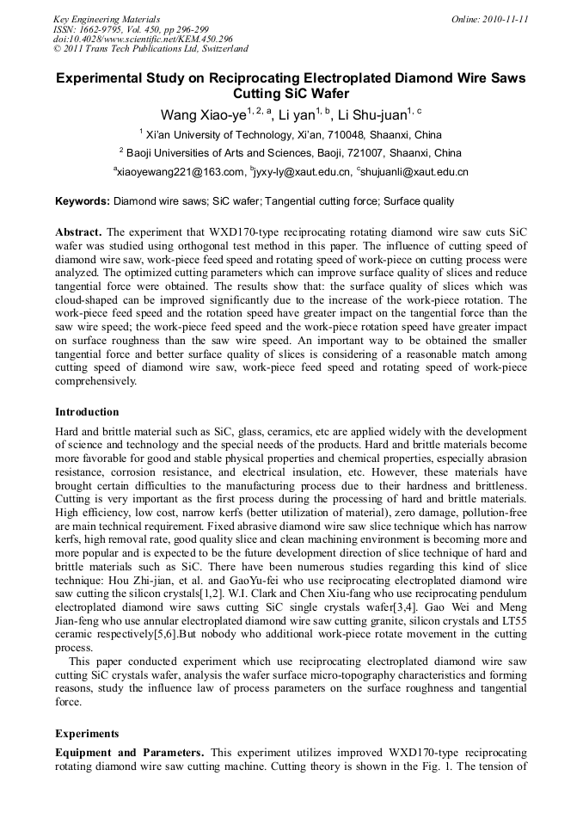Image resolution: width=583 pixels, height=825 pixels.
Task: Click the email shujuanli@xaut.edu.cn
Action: pos(415,172)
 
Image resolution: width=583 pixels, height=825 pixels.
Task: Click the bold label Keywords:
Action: pos(83,202)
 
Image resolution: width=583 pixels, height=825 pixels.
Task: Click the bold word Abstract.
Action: pos(78,233)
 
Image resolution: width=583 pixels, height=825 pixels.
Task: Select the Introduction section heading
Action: pos(87,412)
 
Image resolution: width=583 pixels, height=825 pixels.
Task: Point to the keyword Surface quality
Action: pos(419,202)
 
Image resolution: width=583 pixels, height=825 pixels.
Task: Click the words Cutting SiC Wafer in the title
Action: pos(291,93)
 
